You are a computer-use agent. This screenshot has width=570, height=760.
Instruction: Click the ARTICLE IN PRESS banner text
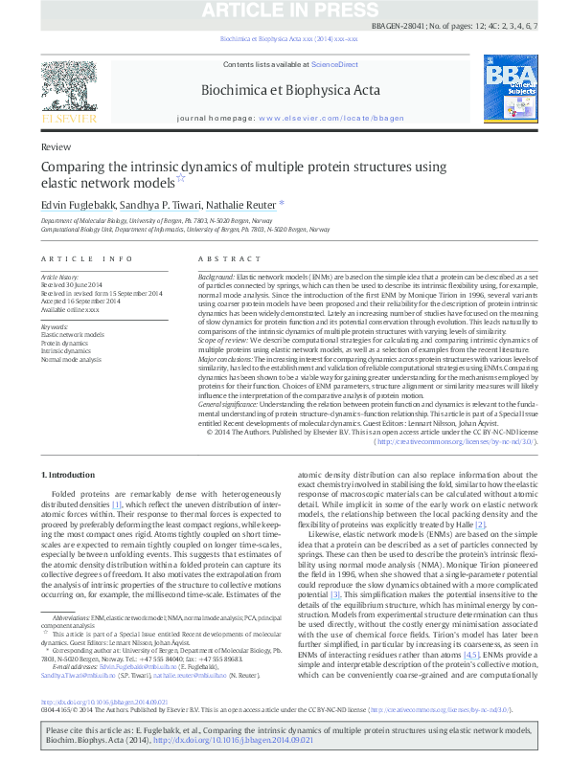tap(285, 11)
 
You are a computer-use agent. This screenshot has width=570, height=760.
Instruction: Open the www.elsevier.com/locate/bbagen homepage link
tap(325, 117)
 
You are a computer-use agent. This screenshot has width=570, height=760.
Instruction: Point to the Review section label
tap(57, 148)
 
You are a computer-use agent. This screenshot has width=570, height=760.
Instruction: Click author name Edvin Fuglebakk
tap(81, 204)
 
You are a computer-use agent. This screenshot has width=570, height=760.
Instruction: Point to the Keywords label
tap(55, 326)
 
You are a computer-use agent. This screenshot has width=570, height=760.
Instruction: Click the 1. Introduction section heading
tap(75, 476)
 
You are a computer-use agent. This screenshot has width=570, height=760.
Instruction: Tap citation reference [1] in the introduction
tap(117, 504)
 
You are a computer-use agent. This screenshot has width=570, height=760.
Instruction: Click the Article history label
tap(60, 275)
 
